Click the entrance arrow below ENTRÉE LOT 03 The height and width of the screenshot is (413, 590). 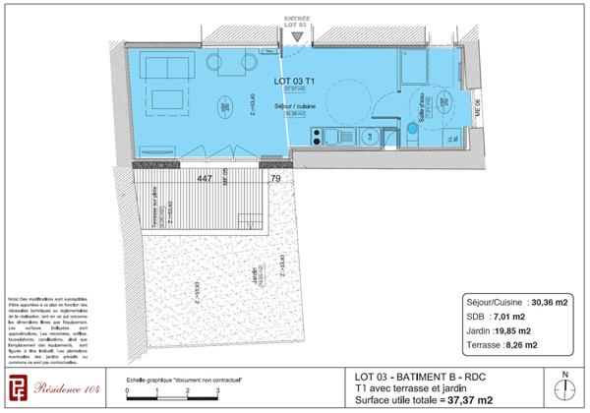click(295, 37)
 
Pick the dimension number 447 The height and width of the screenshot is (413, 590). click(205, 178)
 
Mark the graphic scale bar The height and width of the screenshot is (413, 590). click(172, 393)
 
